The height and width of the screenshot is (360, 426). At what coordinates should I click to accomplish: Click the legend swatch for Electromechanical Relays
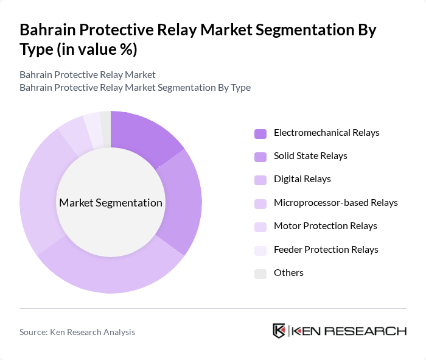point(260,133)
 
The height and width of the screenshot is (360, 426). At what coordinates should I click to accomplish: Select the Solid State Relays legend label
point(310,156)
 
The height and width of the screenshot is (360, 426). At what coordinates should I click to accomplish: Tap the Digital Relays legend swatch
point(260,180)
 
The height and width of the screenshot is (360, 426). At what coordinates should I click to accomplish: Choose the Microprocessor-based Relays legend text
point(335,203)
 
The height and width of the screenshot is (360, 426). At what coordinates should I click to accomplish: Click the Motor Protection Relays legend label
point(325,226)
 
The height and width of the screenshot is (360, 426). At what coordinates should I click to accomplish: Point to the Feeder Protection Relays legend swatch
point(260,250)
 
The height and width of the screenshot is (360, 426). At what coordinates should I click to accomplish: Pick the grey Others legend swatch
point(260,273)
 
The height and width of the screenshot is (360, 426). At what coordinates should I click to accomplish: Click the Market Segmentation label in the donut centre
point(110,203)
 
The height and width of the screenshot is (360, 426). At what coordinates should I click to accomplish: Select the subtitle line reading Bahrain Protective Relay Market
point(88,74)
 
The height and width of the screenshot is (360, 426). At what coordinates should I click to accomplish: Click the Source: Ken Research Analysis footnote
point(77,332)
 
